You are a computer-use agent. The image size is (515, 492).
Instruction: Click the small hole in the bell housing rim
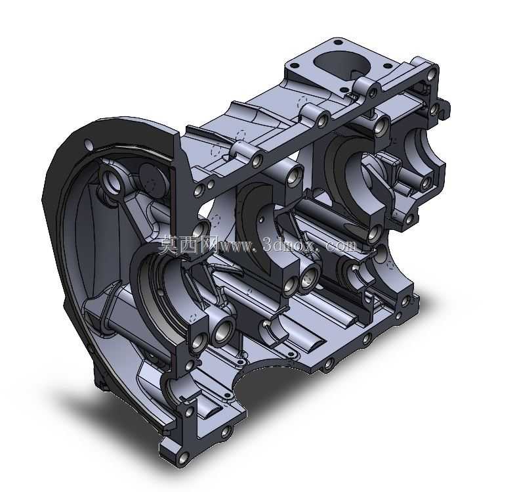pyautogui.click(x=89, y=144)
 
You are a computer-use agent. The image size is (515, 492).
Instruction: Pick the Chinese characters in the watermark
pyautogui.click(x=188, y=245)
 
